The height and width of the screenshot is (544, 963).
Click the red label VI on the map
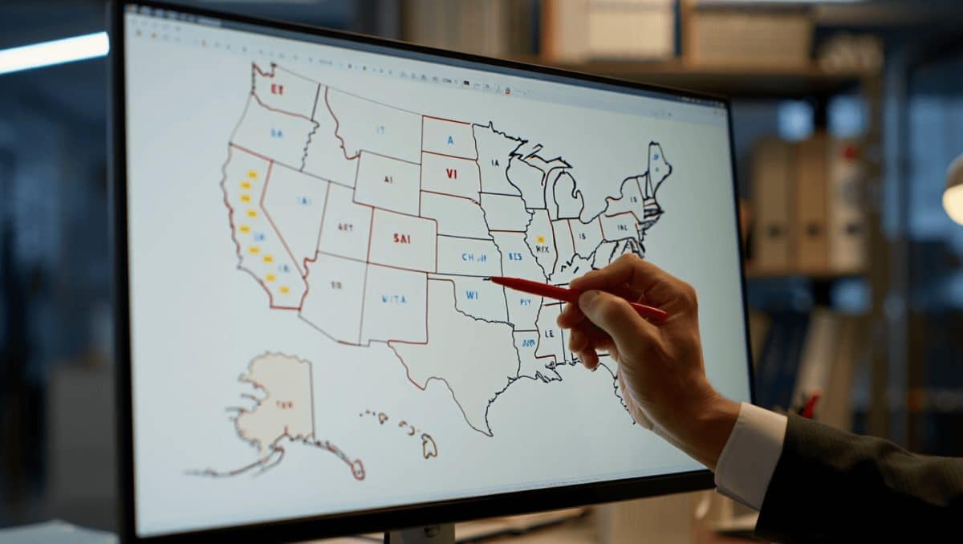[x=451, y=173]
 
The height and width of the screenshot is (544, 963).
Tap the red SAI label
[x=402, y=238]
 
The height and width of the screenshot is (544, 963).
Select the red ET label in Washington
[x=277, y=90]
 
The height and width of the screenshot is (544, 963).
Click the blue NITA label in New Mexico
[x=393, y=299]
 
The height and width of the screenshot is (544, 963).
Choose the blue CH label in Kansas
[x=469, y=258]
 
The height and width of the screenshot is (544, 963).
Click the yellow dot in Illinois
[x=540, y=239]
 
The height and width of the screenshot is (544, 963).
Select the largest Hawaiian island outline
[x=429, y=445]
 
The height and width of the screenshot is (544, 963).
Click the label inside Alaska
[x=283, y=404]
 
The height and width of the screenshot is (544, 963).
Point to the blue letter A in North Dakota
[x=450, y=140]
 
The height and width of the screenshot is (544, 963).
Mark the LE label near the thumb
[x=550, y=332]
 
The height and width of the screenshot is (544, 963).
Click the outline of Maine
[x=658, y=165]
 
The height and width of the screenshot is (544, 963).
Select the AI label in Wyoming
[x=388, y=181]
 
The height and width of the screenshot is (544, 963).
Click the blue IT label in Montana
[x=380, y=128]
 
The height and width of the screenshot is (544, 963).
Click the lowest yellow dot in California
[x=283, y=289]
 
